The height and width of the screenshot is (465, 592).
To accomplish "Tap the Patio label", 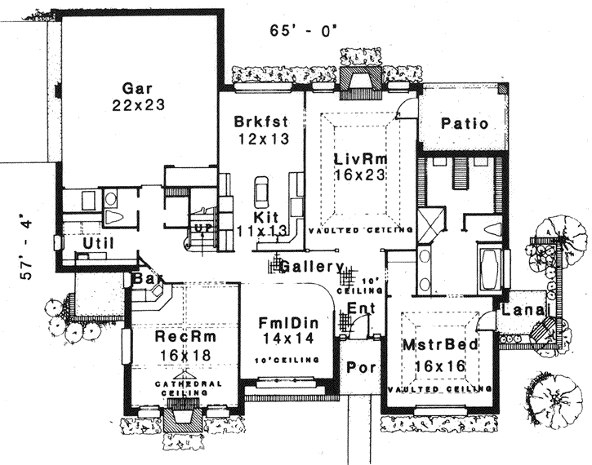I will [464, 124].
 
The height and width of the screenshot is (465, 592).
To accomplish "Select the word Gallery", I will [310, 266].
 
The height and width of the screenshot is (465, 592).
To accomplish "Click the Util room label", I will [97, 243].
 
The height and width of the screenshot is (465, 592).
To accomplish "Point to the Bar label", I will [144, 280].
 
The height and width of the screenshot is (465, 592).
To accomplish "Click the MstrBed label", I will [438, 345].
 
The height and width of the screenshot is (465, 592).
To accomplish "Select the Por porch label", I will [361, 367].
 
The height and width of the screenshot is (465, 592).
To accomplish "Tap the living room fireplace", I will [360, 82].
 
